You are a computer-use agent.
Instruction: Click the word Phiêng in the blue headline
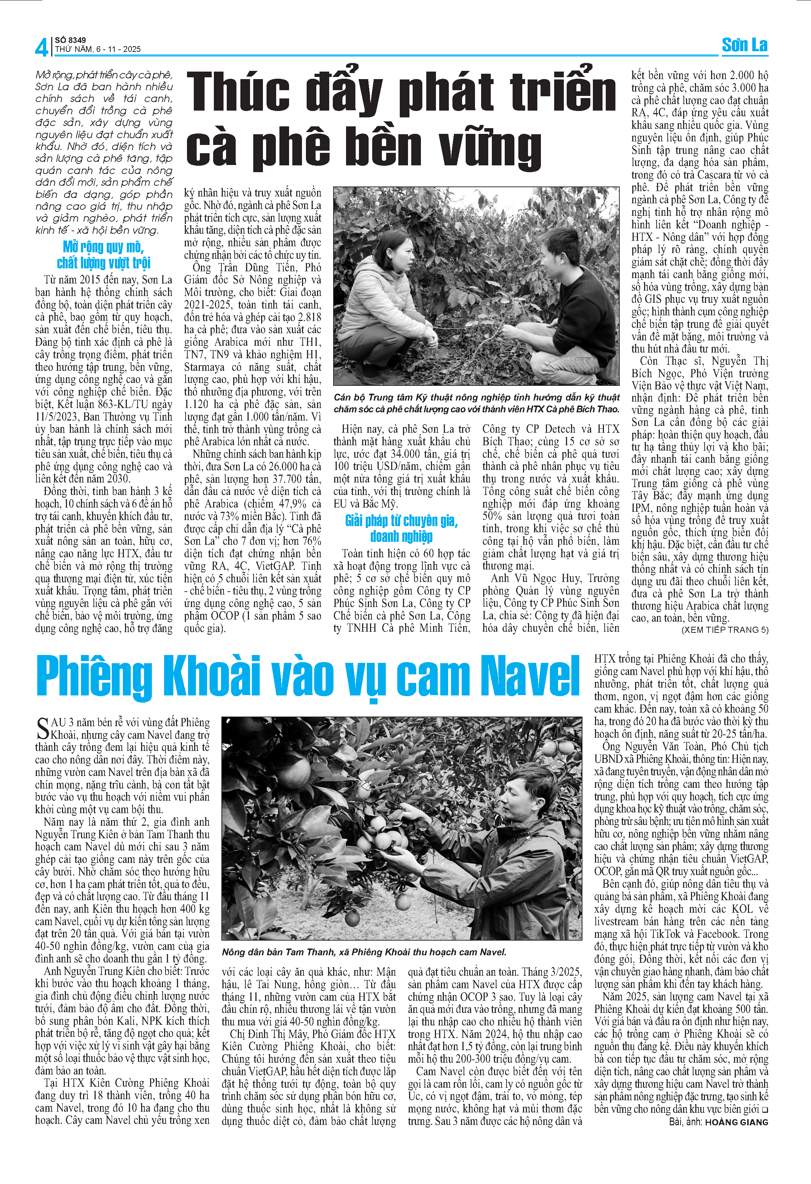click(x=94, y=677)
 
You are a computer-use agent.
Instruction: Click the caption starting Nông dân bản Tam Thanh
click(x=364, y=952)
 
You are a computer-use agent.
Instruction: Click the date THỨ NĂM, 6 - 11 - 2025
click(x=98, y=49)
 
